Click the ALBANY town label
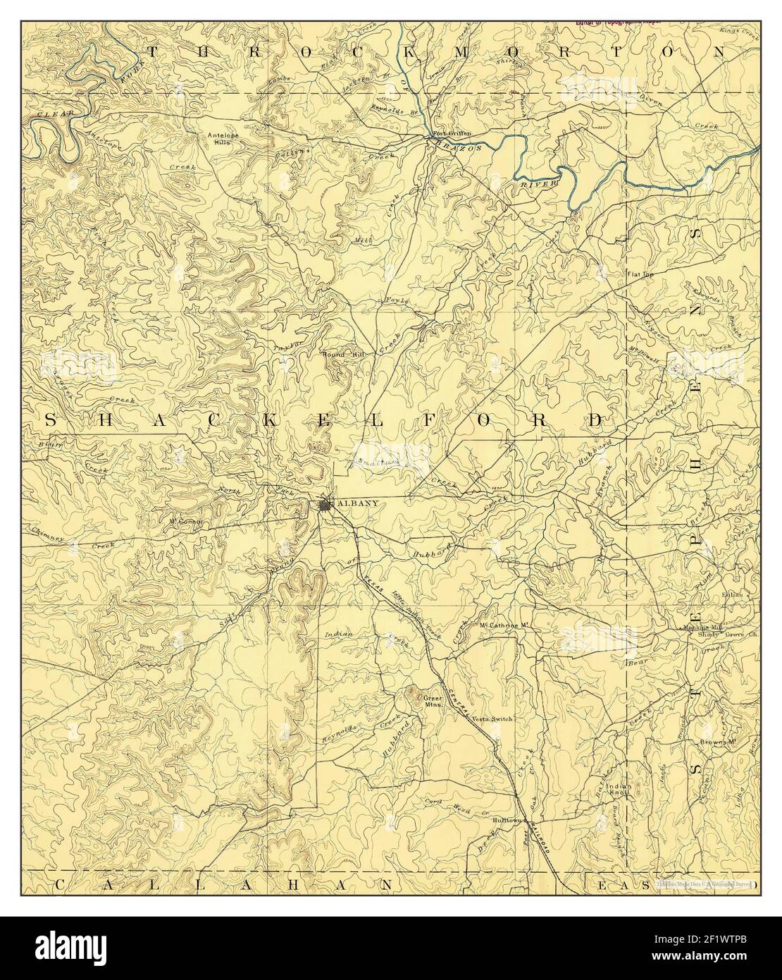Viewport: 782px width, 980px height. click(359, 503)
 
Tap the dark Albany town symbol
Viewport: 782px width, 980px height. click(325, 505)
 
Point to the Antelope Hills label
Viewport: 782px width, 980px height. click(223, 137)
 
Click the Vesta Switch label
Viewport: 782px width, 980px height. click(493, 718)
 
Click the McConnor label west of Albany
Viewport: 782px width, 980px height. click(185, 522)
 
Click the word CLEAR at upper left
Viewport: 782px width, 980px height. click(47, 112)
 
